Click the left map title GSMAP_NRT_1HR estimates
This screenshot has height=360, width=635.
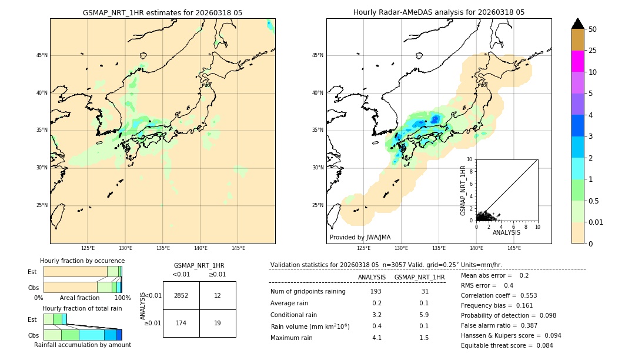click(162, 12)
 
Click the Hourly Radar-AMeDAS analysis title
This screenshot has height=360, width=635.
click(439, 12)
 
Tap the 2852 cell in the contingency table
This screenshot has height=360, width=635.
click(181, 295)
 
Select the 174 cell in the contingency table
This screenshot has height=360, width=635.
click(181, 323)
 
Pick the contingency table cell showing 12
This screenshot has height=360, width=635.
click(218, 295)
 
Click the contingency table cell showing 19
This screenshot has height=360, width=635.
click(218, 323)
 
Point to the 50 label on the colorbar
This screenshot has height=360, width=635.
click(593, 29)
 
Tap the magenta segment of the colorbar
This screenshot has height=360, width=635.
click(577, 61)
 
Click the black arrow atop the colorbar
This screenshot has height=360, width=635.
click(577, 24)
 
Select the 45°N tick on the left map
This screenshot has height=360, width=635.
click(42, 55)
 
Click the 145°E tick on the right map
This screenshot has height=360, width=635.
click(514, 248)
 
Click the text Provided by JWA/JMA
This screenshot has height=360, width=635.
click(360, 237)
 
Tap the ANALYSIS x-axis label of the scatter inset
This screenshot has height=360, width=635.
click(506, 232)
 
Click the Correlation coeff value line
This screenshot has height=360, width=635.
click(499, 295)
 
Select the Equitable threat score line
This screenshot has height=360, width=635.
click(499, 345)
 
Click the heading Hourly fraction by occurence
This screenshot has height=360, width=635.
click(82, 261)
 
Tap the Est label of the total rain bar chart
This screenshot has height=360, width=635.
click(32, 319)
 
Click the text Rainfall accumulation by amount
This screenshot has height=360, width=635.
click(82, 345)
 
